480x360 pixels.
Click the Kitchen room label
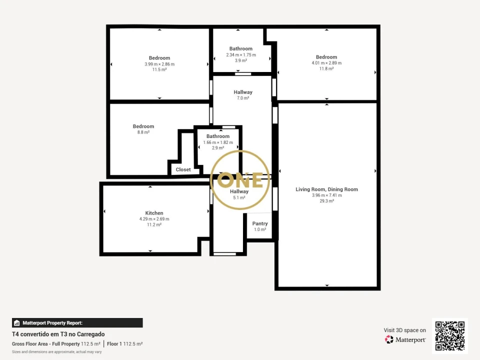tap(154, 213)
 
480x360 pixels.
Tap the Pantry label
tap(260, 223)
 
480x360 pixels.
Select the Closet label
tap(183, 169)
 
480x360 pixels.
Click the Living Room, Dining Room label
tap(326, 189)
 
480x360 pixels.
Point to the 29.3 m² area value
tap(326, 201)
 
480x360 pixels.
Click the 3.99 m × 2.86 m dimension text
tap(159, 64)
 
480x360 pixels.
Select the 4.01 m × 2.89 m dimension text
tap(326, 63)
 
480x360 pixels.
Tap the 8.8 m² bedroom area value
tap(143, 132)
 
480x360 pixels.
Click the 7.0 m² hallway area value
tap(243, 98)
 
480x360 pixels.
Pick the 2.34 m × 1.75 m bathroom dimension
tap(241, 54)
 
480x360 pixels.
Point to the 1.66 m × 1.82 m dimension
tap(218, 142)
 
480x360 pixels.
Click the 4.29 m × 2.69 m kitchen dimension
tap(154, 219)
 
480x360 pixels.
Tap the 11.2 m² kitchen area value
tap(154, 225)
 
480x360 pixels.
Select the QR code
tap(450, 336)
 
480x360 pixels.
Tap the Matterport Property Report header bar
tap(77, 323)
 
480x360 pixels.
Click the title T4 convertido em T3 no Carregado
tap(58, 334)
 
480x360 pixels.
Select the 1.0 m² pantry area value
tap(260, 229)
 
